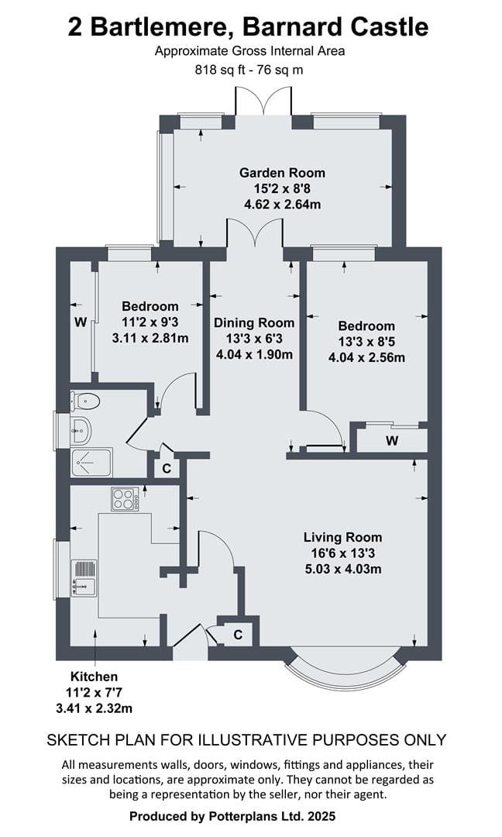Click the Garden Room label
click(282, 173)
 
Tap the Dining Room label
click(254, 323)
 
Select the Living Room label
click(342, 538)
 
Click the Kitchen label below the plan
click(94, 677)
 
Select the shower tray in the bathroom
click(91, 463)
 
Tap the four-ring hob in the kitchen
click(125, 499)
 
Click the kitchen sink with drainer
click(84, 578)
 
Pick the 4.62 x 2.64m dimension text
click(282, 205)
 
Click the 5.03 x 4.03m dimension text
click(343, 569)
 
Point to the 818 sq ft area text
click(223, 70)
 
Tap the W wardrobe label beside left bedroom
click(81, 322)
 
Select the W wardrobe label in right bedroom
click(392, 441)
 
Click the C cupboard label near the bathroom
click(167, 469)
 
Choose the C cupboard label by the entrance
click(238, 635)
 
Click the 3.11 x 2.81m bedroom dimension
click(150, 338)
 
